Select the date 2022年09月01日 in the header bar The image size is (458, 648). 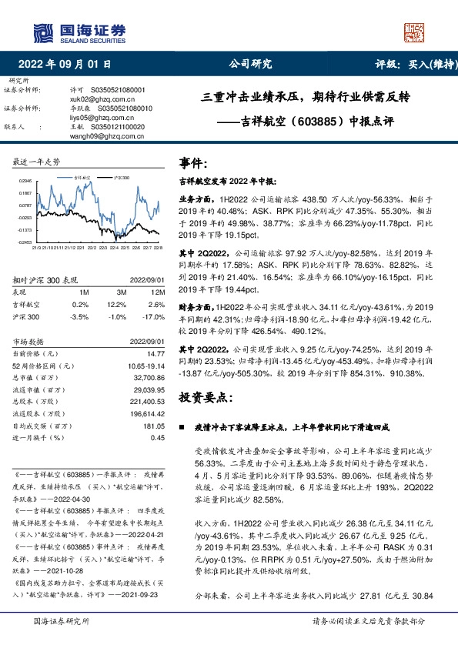coord(65,65)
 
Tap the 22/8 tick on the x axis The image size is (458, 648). coord(159,248)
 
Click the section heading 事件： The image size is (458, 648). coord(193,163)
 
